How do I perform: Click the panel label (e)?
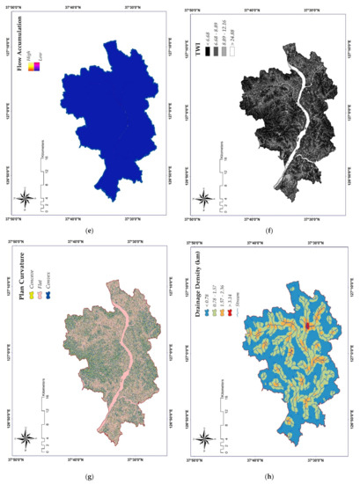coord(90,231)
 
